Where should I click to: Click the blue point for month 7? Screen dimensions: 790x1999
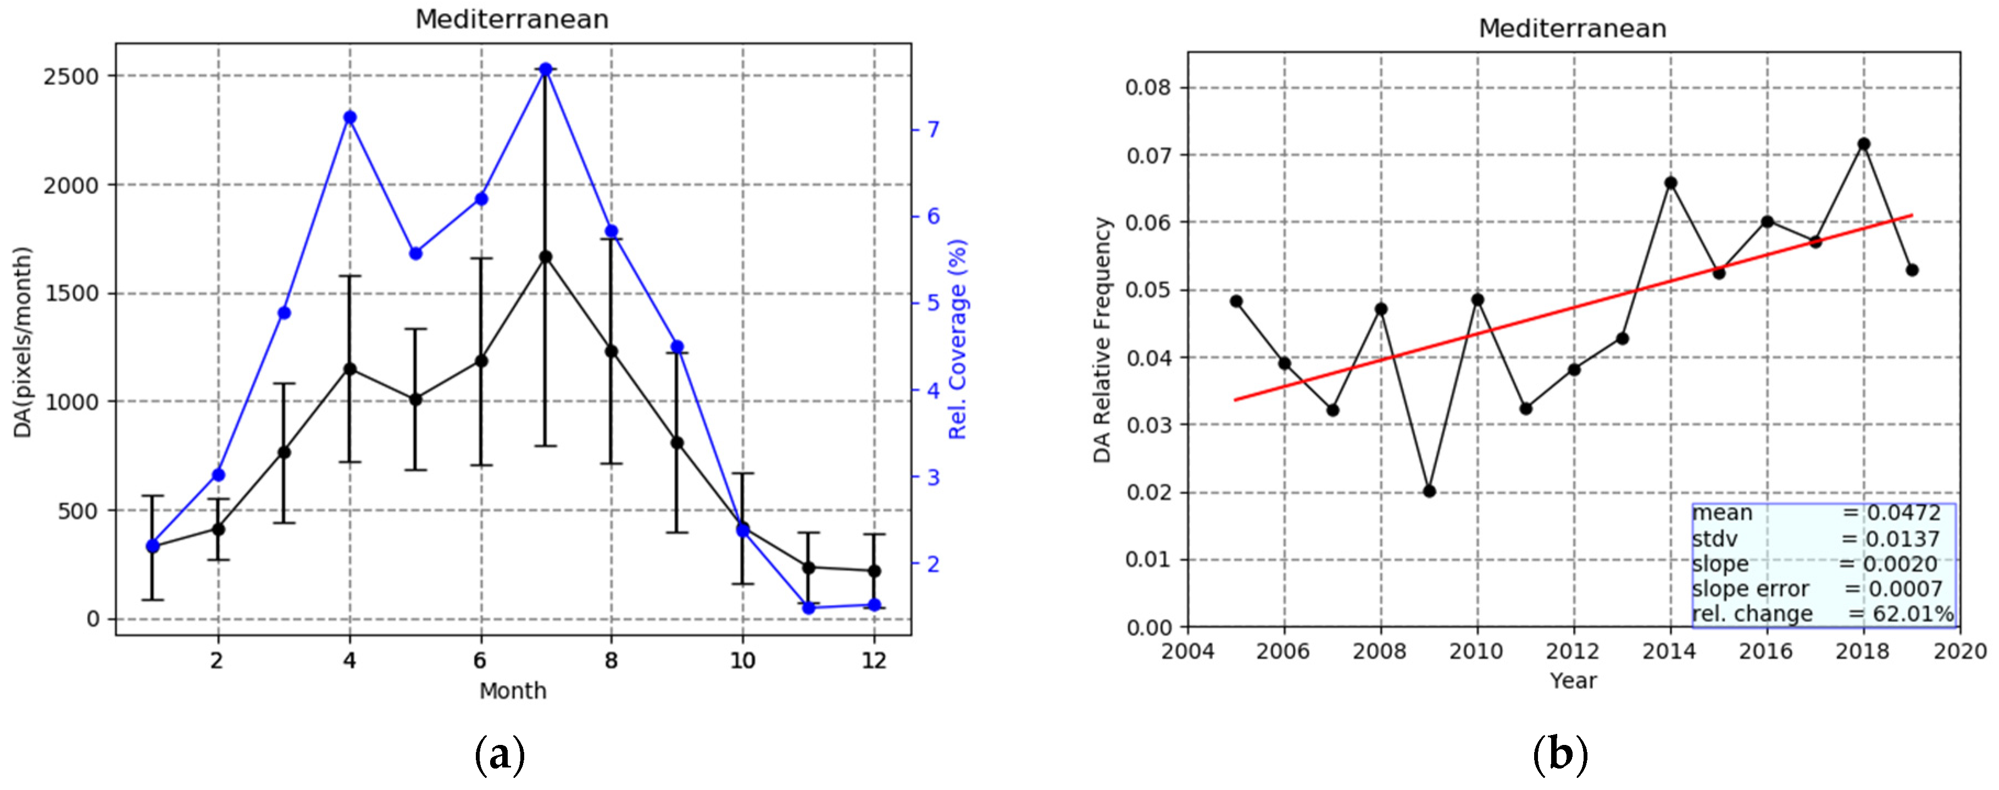[x=546, y=69]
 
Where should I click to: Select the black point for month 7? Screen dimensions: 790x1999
[x=546, y=256]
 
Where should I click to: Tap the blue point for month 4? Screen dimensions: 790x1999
[x=350, y=117]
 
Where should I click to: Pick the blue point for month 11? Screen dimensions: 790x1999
[x=809, y=607]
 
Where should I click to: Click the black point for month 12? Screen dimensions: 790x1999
[x=875, y=571]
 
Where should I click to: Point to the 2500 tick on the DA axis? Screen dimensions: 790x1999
[x=71, y=76]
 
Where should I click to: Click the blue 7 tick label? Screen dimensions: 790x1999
[x=933, y=129]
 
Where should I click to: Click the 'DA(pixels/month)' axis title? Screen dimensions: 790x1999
[x=23, y=342]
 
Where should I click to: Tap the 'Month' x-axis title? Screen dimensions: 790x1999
[x=513, y=690]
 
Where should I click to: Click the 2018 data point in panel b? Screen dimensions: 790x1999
[x=1864, y=145]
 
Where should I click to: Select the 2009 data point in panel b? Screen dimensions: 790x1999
[x=1429, y=491]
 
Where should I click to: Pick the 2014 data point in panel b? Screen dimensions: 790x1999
[x=1671, y=183]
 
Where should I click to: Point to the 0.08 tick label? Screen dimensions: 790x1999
[x=1148, y=87]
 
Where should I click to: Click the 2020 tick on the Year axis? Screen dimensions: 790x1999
[x=1960, y=651]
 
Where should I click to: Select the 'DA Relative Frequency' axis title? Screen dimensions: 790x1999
[x=1102, y=339]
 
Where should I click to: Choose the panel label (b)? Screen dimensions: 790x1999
[x=1561, y=754]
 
